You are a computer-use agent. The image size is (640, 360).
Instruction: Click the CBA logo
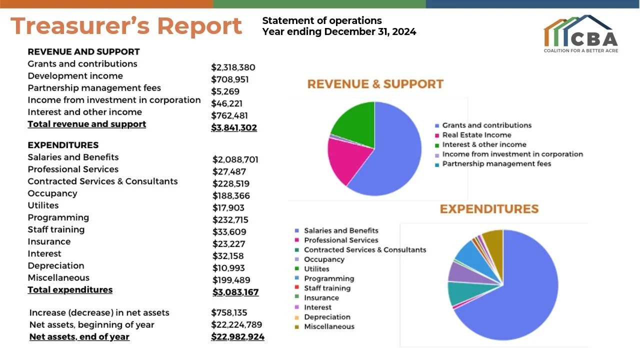pos(581,33)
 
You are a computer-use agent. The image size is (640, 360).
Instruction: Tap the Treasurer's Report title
pos(126,26)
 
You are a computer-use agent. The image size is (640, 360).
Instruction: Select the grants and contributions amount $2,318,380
pos(233,67)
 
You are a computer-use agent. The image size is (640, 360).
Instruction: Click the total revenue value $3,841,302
pos(234,127)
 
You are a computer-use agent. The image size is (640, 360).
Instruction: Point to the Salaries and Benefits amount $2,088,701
pos(235,159)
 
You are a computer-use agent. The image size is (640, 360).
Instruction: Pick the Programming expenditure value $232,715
pos(230,219)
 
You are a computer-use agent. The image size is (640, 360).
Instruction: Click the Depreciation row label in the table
pos(56,265)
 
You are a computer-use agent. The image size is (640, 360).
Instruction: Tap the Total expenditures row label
pos(70,289)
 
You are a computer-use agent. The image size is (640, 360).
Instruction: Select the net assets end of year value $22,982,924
pos(237,337)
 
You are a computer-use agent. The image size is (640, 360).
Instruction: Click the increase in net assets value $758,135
pos(229,312)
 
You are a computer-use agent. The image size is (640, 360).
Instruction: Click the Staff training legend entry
pos(323,288)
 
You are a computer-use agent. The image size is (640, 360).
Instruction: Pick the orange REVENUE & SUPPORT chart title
pos(375,84)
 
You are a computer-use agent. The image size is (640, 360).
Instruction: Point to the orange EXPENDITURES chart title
pos(489,209)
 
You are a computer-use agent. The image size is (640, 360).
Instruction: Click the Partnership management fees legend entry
pos(493,163)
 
